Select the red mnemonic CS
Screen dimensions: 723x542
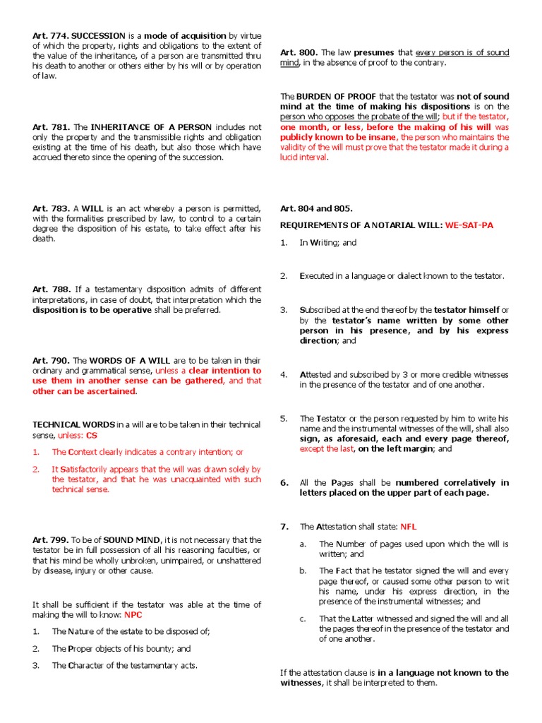[x=91, y=435]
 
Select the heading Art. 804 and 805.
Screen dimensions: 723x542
[x=316, y=208]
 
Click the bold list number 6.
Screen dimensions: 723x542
[x=284, y=483]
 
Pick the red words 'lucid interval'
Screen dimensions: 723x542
[x=303, y=157]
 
